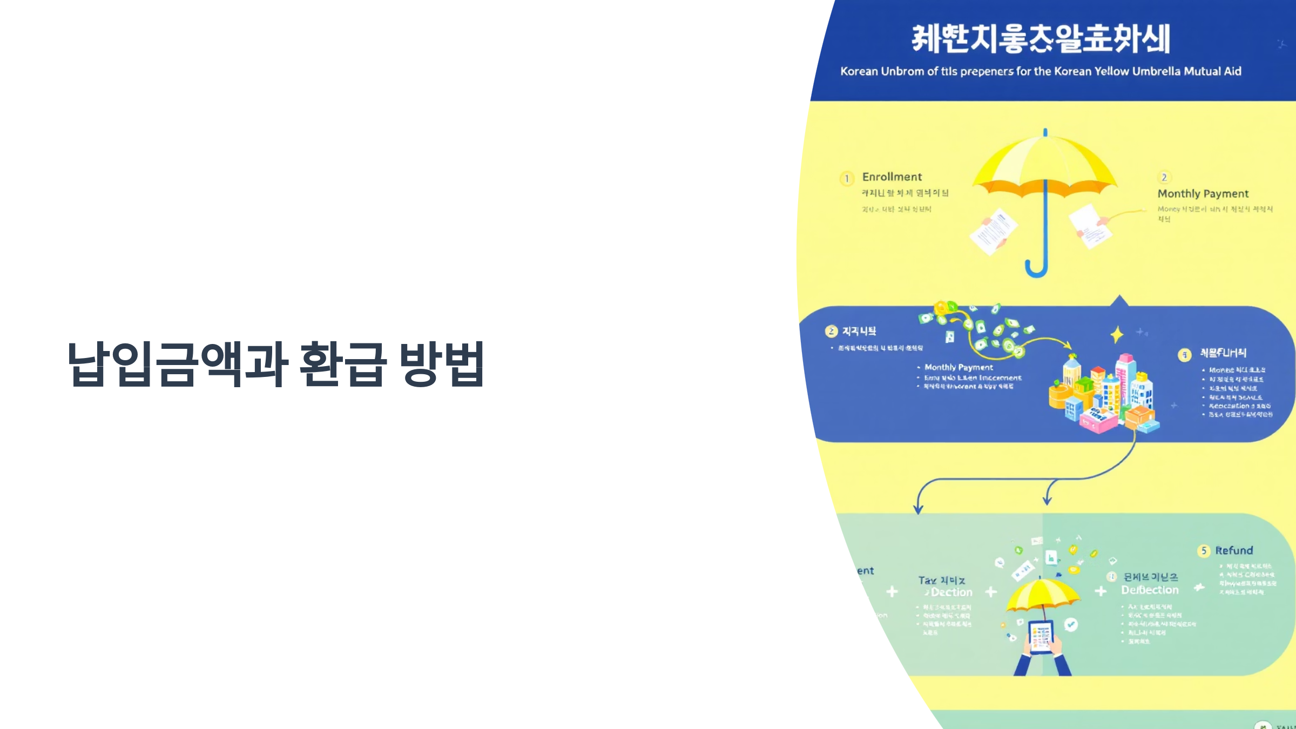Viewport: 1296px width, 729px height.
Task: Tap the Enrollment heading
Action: pos(892,177)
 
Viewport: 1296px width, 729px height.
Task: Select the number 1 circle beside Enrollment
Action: pos(847,178)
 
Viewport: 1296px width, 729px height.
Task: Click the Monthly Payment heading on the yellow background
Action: pos(1203,193)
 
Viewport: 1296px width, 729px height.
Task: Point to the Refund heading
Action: pos(1234,550)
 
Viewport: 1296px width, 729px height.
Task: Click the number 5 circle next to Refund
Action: pos(1204,551)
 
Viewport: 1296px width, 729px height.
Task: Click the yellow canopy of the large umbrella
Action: pos(1045,162)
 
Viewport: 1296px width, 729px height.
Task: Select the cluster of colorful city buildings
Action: pos(1102,394)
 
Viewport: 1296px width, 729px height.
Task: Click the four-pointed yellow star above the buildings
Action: pos(1117,335)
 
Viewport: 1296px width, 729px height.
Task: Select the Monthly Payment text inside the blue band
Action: pos(959,367)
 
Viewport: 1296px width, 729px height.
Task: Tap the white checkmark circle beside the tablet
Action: pos(1071,625)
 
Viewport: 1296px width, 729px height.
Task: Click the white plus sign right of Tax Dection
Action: pos(991,592)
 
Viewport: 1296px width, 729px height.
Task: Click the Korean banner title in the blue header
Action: pos(1041,39)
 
